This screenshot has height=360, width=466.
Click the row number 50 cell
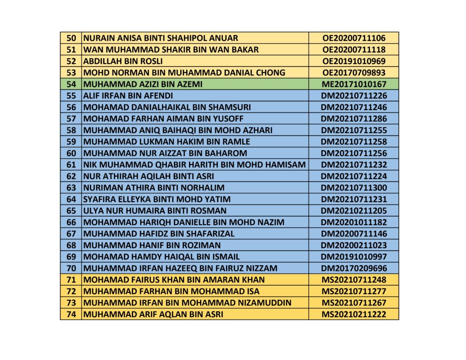71,38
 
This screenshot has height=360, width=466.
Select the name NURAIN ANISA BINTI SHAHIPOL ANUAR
161,38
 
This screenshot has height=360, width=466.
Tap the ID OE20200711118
354,50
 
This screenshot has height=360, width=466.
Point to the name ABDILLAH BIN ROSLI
123,61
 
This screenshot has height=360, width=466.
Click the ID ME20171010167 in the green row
354,84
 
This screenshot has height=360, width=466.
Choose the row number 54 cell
71,84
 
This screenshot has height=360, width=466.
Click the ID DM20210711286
354,119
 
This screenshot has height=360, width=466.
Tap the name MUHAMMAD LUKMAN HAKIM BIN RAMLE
167,142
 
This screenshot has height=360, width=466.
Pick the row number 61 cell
71,164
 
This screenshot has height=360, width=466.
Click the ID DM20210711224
354,176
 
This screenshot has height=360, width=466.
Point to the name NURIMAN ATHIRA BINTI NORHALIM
154,188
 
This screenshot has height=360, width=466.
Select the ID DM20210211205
354,211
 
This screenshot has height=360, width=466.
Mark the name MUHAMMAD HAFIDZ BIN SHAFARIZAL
159,233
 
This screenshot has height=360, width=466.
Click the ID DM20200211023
354,245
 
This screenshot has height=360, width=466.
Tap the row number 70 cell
71,268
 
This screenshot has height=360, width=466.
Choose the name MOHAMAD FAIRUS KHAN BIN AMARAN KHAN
174,279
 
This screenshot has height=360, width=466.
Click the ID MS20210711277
354,291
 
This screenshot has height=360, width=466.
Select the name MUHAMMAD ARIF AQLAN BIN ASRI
153,314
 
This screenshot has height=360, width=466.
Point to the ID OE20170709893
354,72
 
